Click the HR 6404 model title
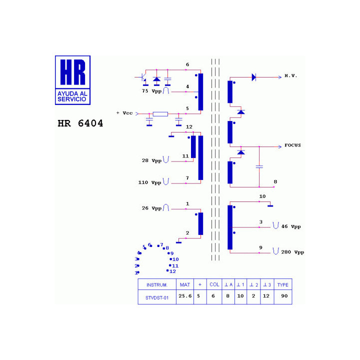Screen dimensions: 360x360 (x=80, y=123)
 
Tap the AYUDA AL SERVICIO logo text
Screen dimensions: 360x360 (x=72, y=96)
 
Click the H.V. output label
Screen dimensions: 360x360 (x=290, y=76)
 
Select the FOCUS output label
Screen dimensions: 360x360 (x=292, y=145)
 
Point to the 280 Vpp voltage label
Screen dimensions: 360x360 (x=292, y=252)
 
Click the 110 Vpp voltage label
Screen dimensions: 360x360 (x=149, y=182)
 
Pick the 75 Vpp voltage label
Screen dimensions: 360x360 (x=152, y=91)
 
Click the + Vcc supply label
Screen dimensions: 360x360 (x=124, y=113)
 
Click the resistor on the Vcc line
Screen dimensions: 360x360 (x=160, y=114)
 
